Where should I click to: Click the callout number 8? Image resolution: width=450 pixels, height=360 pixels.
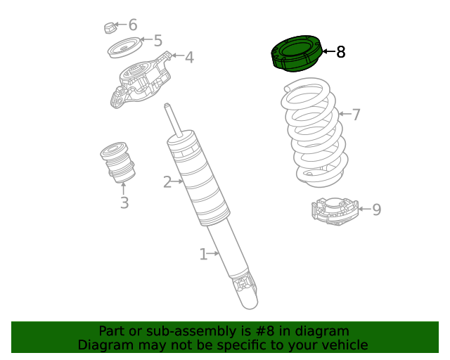click(x=340, y=52)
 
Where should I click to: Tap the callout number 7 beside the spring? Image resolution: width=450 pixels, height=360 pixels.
click(x=356, y=114)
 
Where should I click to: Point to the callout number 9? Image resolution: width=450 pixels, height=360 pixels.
click(x=376, y=210)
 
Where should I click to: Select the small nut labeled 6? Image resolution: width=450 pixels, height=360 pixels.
click(x=109, y=27)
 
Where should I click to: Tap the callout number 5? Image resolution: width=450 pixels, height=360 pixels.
click(x=157, y=41)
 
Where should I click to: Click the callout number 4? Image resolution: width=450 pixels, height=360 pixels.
click(x=189, y=57)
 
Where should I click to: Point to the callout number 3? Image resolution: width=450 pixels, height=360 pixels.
click(x=124, y=203)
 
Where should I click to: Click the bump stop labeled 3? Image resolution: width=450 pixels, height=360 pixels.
click(x=117, y=162)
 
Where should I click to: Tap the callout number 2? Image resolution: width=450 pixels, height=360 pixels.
click(x=167, y=183)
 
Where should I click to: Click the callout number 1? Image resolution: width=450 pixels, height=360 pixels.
click(x=203, y=254)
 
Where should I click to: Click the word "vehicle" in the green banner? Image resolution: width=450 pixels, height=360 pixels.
click(x=342, y=345)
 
